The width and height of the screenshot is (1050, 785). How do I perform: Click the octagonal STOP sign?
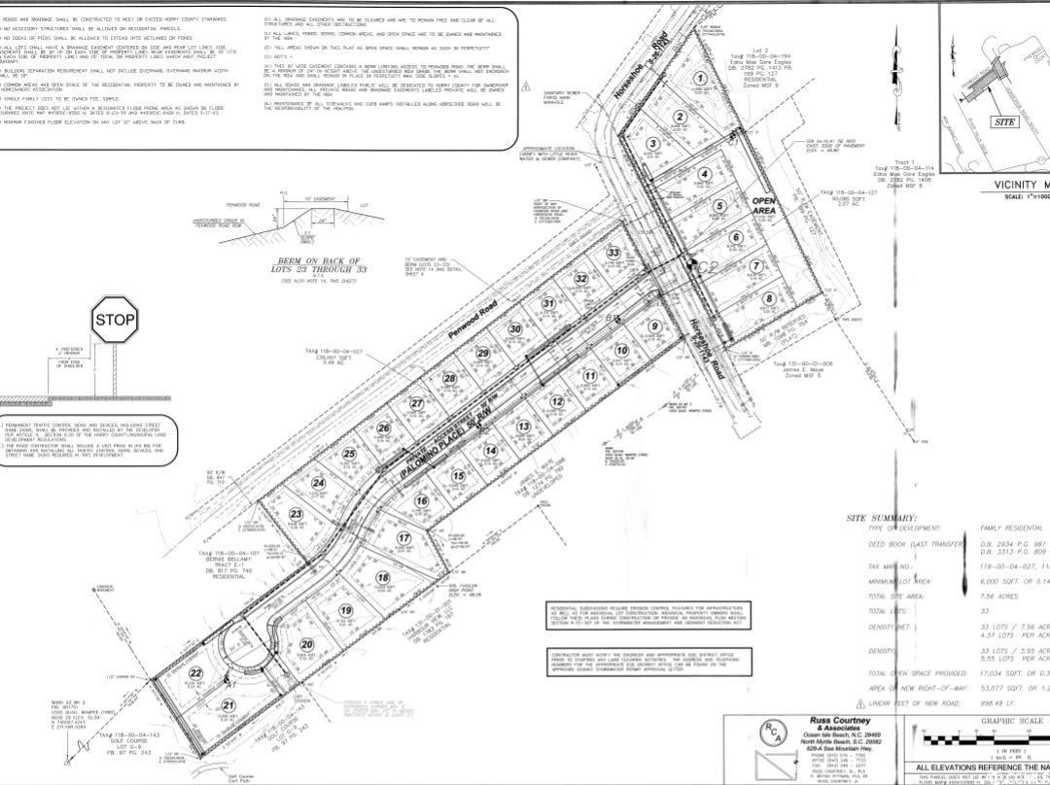115,319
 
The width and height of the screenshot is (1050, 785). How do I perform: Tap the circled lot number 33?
613,254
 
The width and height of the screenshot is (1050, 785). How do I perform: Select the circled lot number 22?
196,673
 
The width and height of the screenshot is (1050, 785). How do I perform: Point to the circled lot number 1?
699,80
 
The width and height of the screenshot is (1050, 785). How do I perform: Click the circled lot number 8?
769,299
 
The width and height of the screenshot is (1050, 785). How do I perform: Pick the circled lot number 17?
403,538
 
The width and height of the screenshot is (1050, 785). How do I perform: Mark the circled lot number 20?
307,644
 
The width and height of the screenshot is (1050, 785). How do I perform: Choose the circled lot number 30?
515,329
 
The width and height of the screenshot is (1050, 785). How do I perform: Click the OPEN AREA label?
765,206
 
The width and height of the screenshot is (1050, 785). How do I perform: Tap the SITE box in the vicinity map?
1004,122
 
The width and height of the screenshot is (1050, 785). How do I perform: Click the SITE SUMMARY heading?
881,518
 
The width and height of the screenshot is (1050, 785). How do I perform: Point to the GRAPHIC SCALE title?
1011,722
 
